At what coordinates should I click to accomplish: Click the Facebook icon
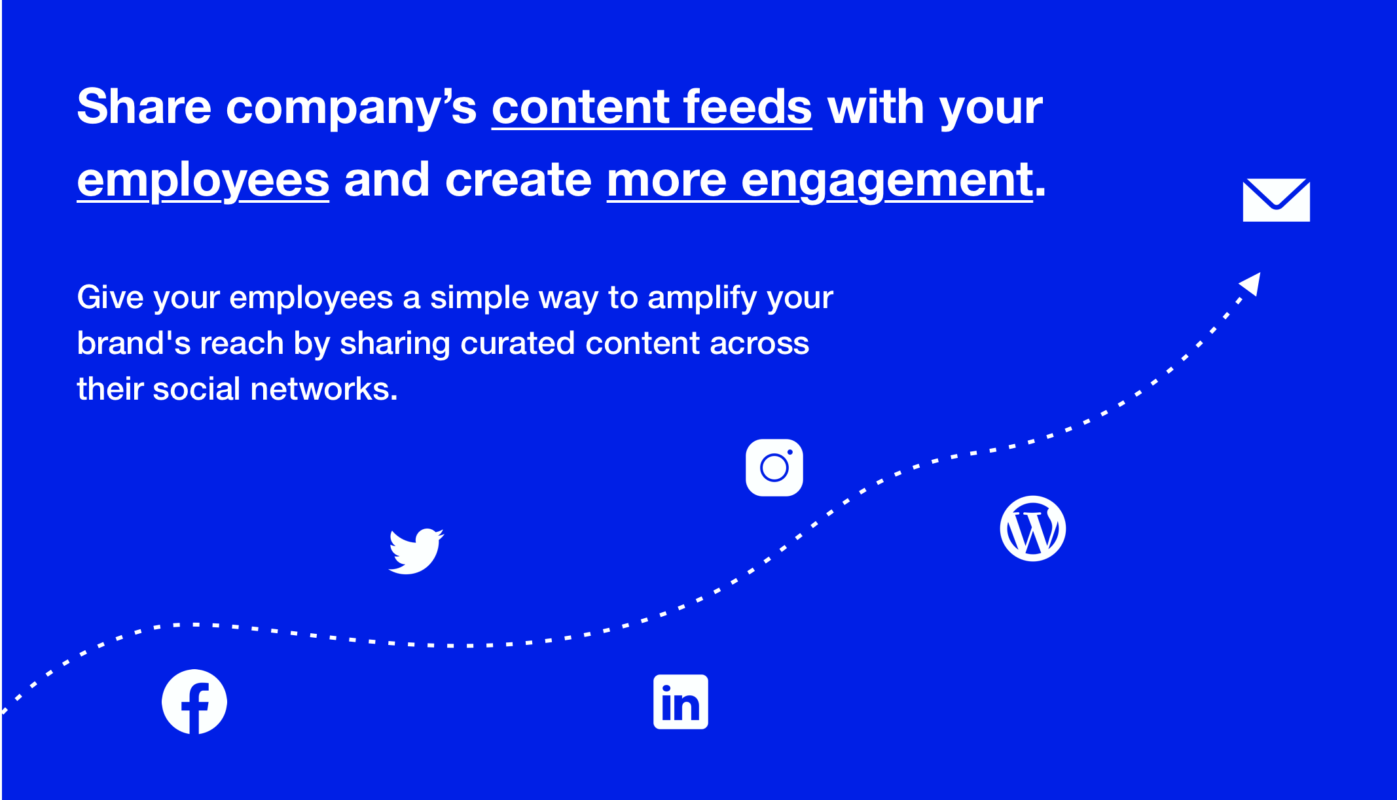[x=194, y=702]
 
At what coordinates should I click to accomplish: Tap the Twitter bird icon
[x=416, y=551]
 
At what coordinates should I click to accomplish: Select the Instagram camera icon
[x=774, y=468]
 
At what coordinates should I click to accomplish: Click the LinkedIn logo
[x=681, y=702]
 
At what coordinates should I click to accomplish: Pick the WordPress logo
[x=1033, y=529]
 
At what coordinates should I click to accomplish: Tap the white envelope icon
[x=1277, y=200]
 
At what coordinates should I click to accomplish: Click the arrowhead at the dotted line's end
[x=1251, y=285]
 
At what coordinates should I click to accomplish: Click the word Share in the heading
[x=145, y=107]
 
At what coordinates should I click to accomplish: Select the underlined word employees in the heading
[x=203, y=181]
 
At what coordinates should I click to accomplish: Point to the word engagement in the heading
[x=887, y=181]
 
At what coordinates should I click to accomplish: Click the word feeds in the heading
[x=748, y=107]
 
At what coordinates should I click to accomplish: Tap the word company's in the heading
[x=352, y=109]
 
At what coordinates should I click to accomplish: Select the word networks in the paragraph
[x=324, y=389]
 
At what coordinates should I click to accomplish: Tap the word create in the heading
[x=518, y=181]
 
